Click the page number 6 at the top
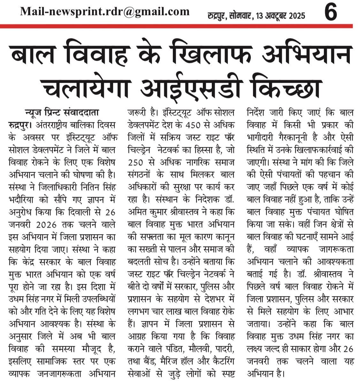[330, 13]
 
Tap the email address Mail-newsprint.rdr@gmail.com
[105, 12]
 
